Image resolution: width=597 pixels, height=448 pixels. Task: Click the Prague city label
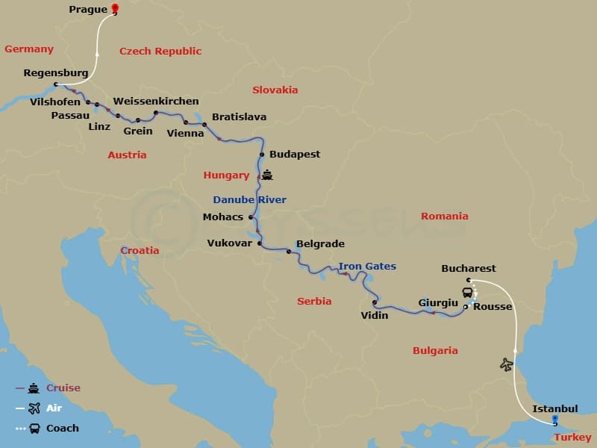(87, 10)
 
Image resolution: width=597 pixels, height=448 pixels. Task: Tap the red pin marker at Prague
(115, 9)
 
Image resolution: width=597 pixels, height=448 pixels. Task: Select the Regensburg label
(56, 73)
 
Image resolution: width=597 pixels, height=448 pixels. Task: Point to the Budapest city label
(295, 155)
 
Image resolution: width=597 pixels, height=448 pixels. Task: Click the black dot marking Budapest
(262, 155)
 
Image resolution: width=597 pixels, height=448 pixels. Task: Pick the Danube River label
(249, 199)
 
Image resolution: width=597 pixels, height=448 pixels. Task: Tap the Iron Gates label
(367, 267)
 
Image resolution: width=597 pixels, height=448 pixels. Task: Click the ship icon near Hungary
(267, 176)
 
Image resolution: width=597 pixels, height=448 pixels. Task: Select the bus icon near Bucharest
(467, 292)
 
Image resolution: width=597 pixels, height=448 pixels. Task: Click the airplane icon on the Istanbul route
(507, 364)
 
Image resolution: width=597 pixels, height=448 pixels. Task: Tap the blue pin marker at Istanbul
(554, 420)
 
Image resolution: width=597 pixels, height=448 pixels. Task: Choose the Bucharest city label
(468, 269)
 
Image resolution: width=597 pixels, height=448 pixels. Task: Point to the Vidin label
(375, 315)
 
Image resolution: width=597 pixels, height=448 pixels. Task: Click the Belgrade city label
(320, 243)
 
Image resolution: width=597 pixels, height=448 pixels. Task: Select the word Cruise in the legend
(63, 388)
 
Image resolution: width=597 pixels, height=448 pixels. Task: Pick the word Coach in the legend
(63, 428)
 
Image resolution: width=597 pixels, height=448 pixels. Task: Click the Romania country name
(444, 216)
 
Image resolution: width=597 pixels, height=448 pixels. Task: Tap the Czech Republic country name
(160, 52)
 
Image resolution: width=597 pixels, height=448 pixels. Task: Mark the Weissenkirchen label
(156, 101)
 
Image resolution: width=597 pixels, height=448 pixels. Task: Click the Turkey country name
(573, 437)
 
